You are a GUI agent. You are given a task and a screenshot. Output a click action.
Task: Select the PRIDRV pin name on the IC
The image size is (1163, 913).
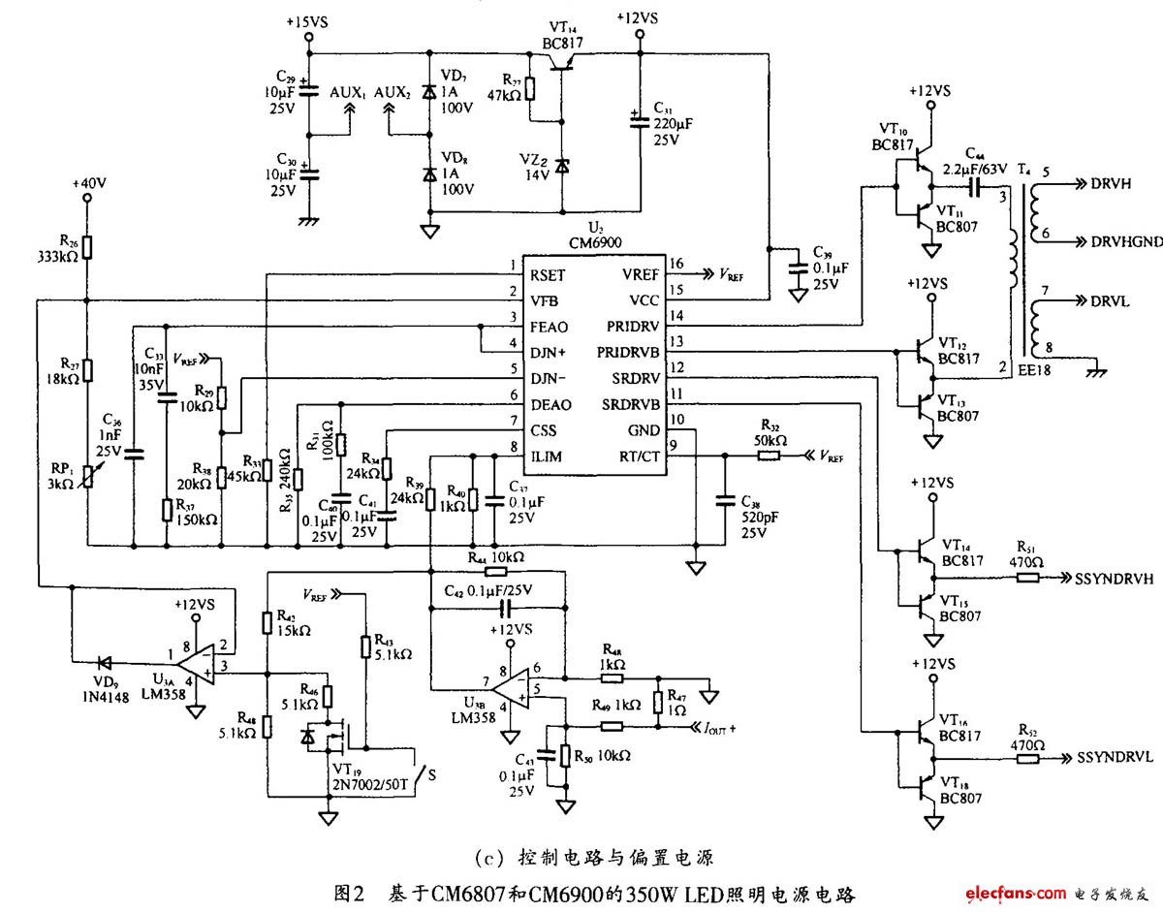[x=636, y=327]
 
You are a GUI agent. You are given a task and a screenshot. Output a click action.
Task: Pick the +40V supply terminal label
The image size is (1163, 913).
[x=87, y=182]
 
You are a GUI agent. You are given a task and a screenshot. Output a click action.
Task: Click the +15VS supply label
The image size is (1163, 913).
[x=308, y=21]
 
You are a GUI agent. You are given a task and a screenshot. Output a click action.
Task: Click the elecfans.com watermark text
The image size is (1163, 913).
[x=1013, y=892]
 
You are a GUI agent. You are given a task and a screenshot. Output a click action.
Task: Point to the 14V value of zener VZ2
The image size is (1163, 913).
[x=536, y=174]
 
